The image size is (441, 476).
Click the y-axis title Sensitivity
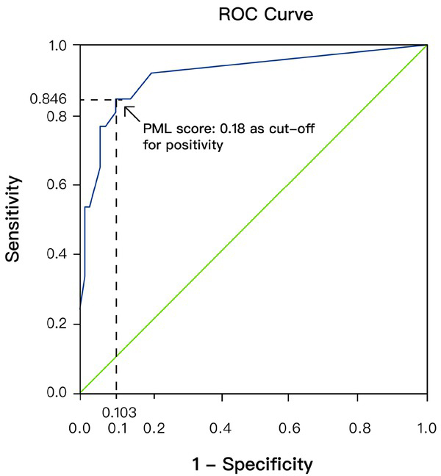(x=12, y=218)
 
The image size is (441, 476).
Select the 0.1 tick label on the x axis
(x=115, y=428)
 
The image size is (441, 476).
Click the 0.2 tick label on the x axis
(x=149, y=428)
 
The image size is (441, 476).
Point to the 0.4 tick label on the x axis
(x=219, y=428)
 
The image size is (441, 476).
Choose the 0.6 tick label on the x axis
(x=288, y=428)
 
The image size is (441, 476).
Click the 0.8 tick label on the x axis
(x=358, y=428)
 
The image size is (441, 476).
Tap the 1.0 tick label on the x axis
(x=426, y=428)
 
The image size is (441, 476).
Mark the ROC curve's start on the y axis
(x=80, y=307)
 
